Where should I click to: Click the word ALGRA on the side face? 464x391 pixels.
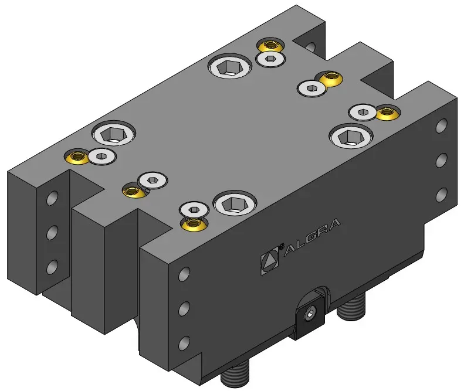click(x=312, y=237)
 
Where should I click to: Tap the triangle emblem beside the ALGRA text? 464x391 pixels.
click(x=269, y=261)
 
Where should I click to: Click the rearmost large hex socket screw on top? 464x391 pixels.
click(x=229, y=67)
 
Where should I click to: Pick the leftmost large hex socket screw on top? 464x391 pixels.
click(x=114, y=134)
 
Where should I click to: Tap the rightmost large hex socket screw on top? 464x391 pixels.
click(x=351, y=135)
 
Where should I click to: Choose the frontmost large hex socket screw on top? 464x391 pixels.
click(x=235, y=202)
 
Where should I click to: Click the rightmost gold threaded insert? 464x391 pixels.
click(x=387, y=113)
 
